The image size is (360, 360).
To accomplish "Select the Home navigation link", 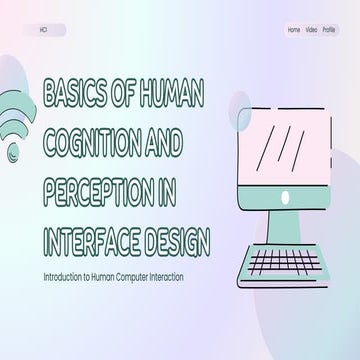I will click(293, 30).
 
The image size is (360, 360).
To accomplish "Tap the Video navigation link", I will click(311, 30).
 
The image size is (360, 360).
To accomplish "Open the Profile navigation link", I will click(330, 30).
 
